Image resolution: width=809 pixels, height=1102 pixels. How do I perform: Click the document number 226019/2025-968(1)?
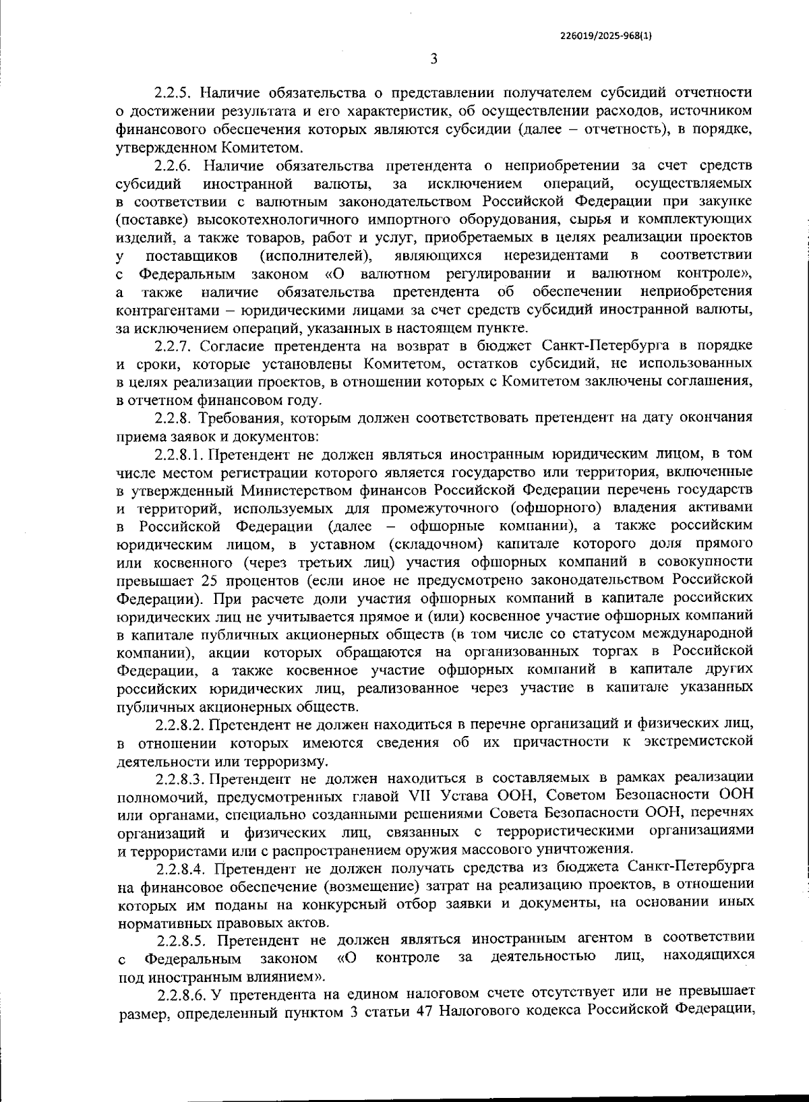point(605,37)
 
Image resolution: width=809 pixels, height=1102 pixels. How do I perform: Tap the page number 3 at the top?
point(434,59)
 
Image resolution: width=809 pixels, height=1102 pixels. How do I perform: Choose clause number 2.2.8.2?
point(180,725)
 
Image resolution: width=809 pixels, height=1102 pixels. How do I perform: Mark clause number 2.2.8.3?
point(180,779)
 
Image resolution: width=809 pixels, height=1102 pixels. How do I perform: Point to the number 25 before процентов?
point(208,580)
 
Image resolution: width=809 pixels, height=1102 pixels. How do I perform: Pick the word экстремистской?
point(698,743)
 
